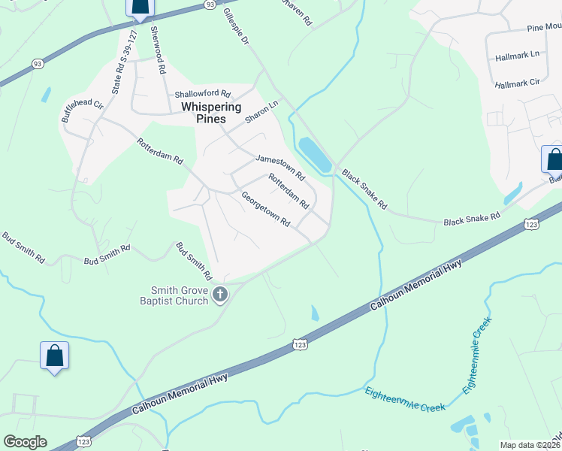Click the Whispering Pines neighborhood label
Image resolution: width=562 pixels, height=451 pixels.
[211, 113]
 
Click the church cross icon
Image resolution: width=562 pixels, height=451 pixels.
[220, 294]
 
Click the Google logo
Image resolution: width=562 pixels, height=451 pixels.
[25, 442]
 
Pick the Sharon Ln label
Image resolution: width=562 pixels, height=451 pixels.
[261, 114]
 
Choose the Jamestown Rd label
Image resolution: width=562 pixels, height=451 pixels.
[280, 168]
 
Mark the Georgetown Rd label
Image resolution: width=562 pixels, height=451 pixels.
[265, 209]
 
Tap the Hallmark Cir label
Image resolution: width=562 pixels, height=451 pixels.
[518, 81]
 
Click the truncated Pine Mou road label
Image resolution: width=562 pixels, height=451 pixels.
[544, 28]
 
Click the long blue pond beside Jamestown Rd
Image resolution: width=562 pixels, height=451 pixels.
[315, 154]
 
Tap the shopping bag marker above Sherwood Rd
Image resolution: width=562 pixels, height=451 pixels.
[140, 7]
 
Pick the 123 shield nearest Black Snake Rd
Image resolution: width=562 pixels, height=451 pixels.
[530, 224]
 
